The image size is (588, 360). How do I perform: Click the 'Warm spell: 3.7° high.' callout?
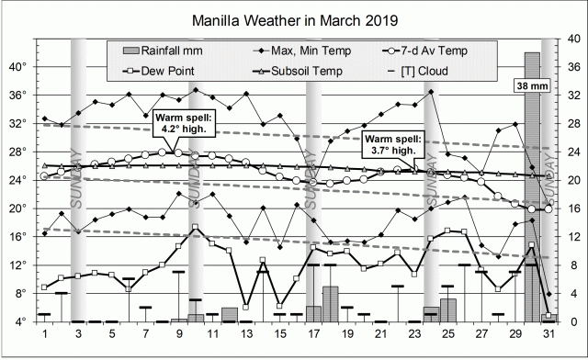tap(397, 142)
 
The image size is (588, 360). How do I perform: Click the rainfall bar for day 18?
tap(331, 304)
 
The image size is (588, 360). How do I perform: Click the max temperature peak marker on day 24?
tap(431, 92)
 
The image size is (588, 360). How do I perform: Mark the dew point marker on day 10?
tap(195, 227)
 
